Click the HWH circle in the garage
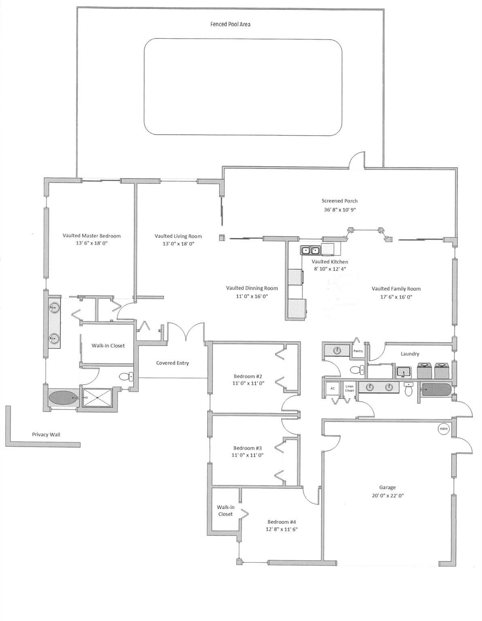tap(444, 429)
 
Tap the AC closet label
tap(333, 389)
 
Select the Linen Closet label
tap(350, 389)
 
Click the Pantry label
tap(358, 351)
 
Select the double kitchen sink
tap(310, 251)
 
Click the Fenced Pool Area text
tap(230, 24)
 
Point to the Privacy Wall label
tap(46, 435)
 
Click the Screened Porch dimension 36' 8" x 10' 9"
tap(339, 210)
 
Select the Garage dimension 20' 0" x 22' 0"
tap(387, 496)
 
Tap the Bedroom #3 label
tap(247, 448)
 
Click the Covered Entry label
tap(172, 363)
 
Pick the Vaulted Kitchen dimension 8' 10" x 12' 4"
tap(329, 269)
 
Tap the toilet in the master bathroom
tap(126, 377)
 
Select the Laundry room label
tap(410, 354)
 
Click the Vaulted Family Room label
tap(396, 289)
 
